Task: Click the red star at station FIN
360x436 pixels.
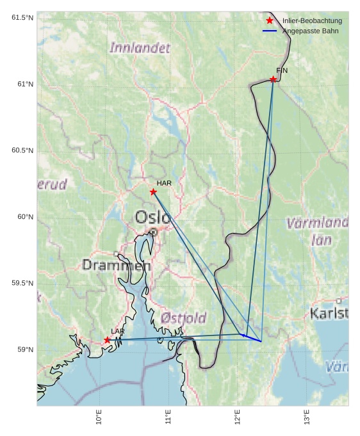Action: coord(273,79)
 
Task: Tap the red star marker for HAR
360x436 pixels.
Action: coord(153,192)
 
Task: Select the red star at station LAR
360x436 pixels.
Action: coord(107,340)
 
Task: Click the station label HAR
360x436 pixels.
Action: coord(164,183)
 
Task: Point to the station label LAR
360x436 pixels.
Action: coord(118,331)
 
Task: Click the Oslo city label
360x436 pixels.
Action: coord(152,218)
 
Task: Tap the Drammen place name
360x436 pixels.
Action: coord(116,265)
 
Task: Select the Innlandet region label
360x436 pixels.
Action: coord(140,48)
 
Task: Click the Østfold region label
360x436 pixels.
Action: coord(183,318)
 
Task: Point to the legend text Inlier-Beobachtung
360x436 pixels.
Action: coord(312,21)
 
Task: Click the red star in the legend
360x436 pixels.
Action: coord(270,21)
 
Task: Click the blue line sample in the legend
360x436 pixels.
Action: coord(270,31)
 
